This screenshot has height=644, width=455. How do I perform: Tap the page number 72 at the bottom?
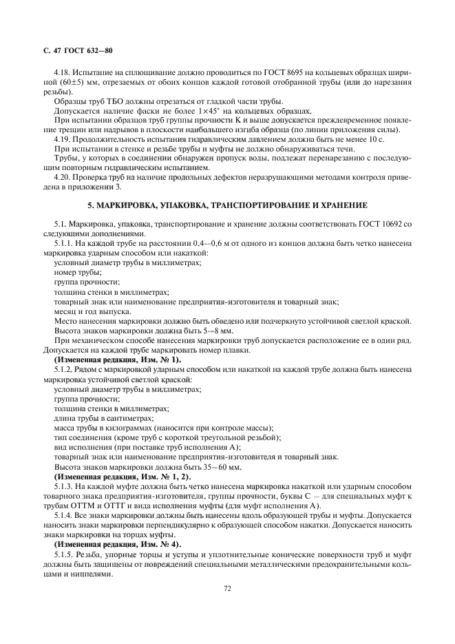pos(226,588)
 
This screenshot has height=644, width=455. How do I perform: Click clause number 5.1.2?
pos(65,369)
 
